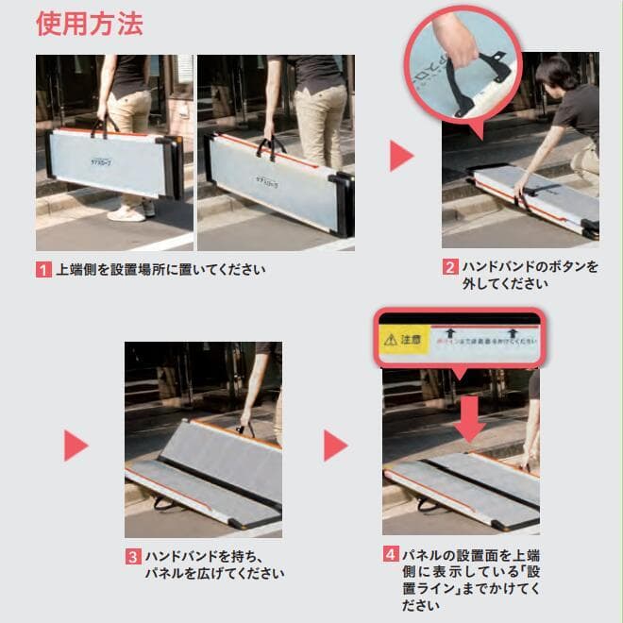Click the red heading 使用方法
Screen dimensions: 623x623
click(x=90, y=23)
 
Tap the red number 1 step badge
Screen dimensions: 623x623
click(x=44, y=270)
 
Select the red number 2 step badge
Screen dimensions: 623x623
click(x=450, y=267)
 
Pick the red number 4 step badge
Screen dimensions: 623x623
click(x=390, y=554)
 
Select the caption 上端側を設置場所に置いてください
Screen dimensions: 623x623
click(x=160, y=270)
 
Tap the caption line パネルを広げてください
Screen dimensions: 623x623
click(x=213, y=573)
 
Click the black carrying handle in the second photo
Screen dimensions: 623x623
click(x=272, y=147)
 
